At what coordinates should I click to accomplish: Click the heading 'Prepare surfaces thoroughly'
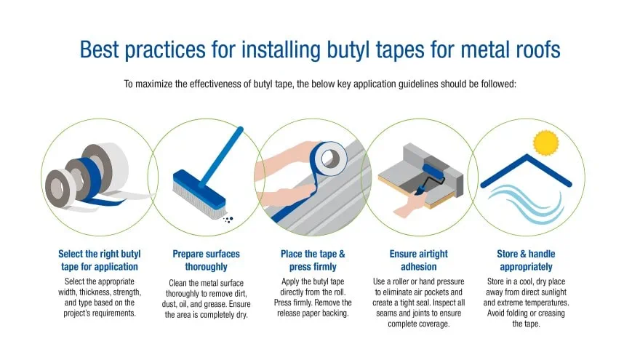[206, 260]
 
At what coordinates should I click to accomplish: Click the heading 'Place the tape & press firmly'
[313, 260]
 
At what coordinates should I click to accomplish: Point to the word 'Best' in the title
[100, 50]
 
